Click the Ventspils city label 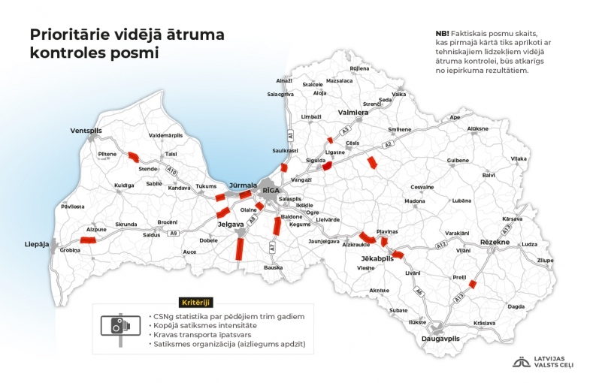(85, 130)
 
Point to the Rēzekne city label (495, 242)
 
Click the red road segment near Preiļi (472, 284)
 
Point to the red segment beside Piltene (132, 158)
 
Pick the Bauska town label (273, 267)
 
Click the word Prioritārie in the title (75, 35)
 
